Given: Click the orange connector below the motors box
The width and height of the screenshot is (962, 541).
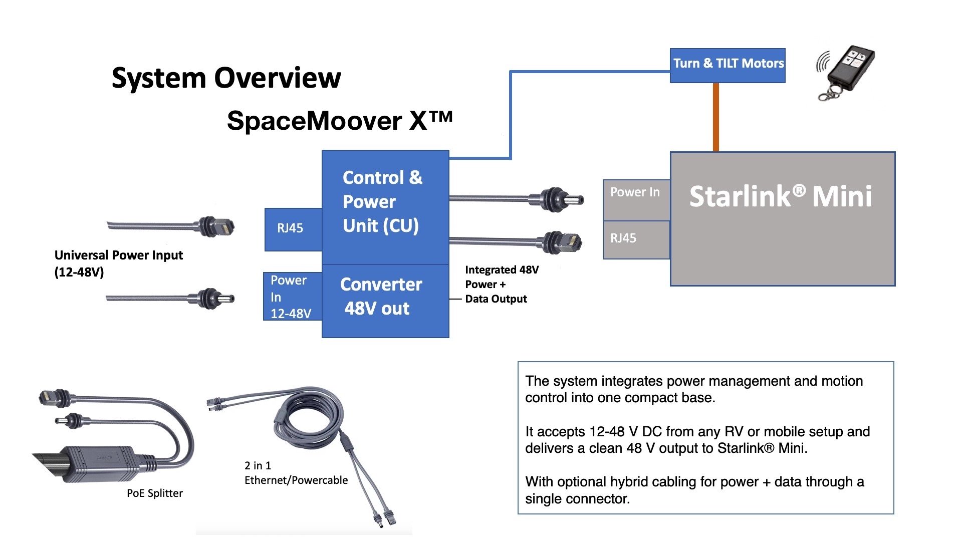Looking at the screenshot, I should (716, 117).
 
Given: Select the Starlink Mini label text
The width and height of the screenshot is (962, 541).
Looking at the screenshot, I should (781, 196).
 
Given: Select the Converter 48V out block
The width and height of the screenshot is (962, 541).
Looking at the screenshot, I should (385, 301).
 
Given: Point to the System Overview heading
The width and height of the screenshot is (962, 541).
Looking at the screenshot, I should (226, 78).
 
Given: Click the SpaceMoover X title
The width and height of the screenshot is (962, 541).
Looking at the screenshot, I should (339, 121).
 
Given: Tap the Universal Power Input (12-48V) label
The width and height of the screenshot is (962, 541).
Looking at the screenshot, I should (118, 263).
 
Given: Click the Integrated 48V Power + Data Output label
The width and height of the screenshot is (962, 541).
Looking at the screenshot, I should (501, 284).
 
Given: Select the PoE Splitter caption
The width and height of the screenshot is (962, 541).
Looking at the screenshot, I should (154, 493).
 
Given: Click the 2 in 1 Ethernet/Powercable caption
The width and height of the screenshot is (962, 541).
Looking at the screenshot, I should (296, 473).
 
